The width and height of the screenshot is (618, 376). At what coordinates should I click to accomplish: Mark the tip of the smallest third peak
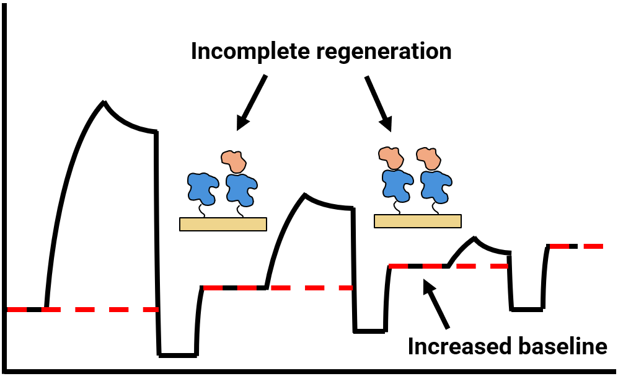tap(475, 238)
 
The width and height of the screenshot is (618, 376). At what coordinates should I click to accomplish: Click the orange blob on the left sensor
tap(234, 161)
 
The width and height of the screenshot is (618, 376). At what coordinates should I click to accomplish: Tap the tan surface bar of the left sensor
tap(223, 224)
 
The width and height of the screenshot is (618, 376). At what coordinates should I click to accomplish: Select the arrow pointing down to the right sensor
tap(379, 104)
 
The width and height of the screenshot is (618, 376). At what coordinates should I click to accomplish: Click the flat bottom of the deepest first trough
tap(178, 355)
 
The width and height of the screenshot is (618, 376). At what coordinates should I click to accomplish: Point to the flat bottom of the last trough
tap(527, 308)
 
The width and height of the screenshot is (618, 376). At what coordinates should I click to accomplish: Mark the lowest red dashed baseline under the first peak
tap(93, 309)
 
